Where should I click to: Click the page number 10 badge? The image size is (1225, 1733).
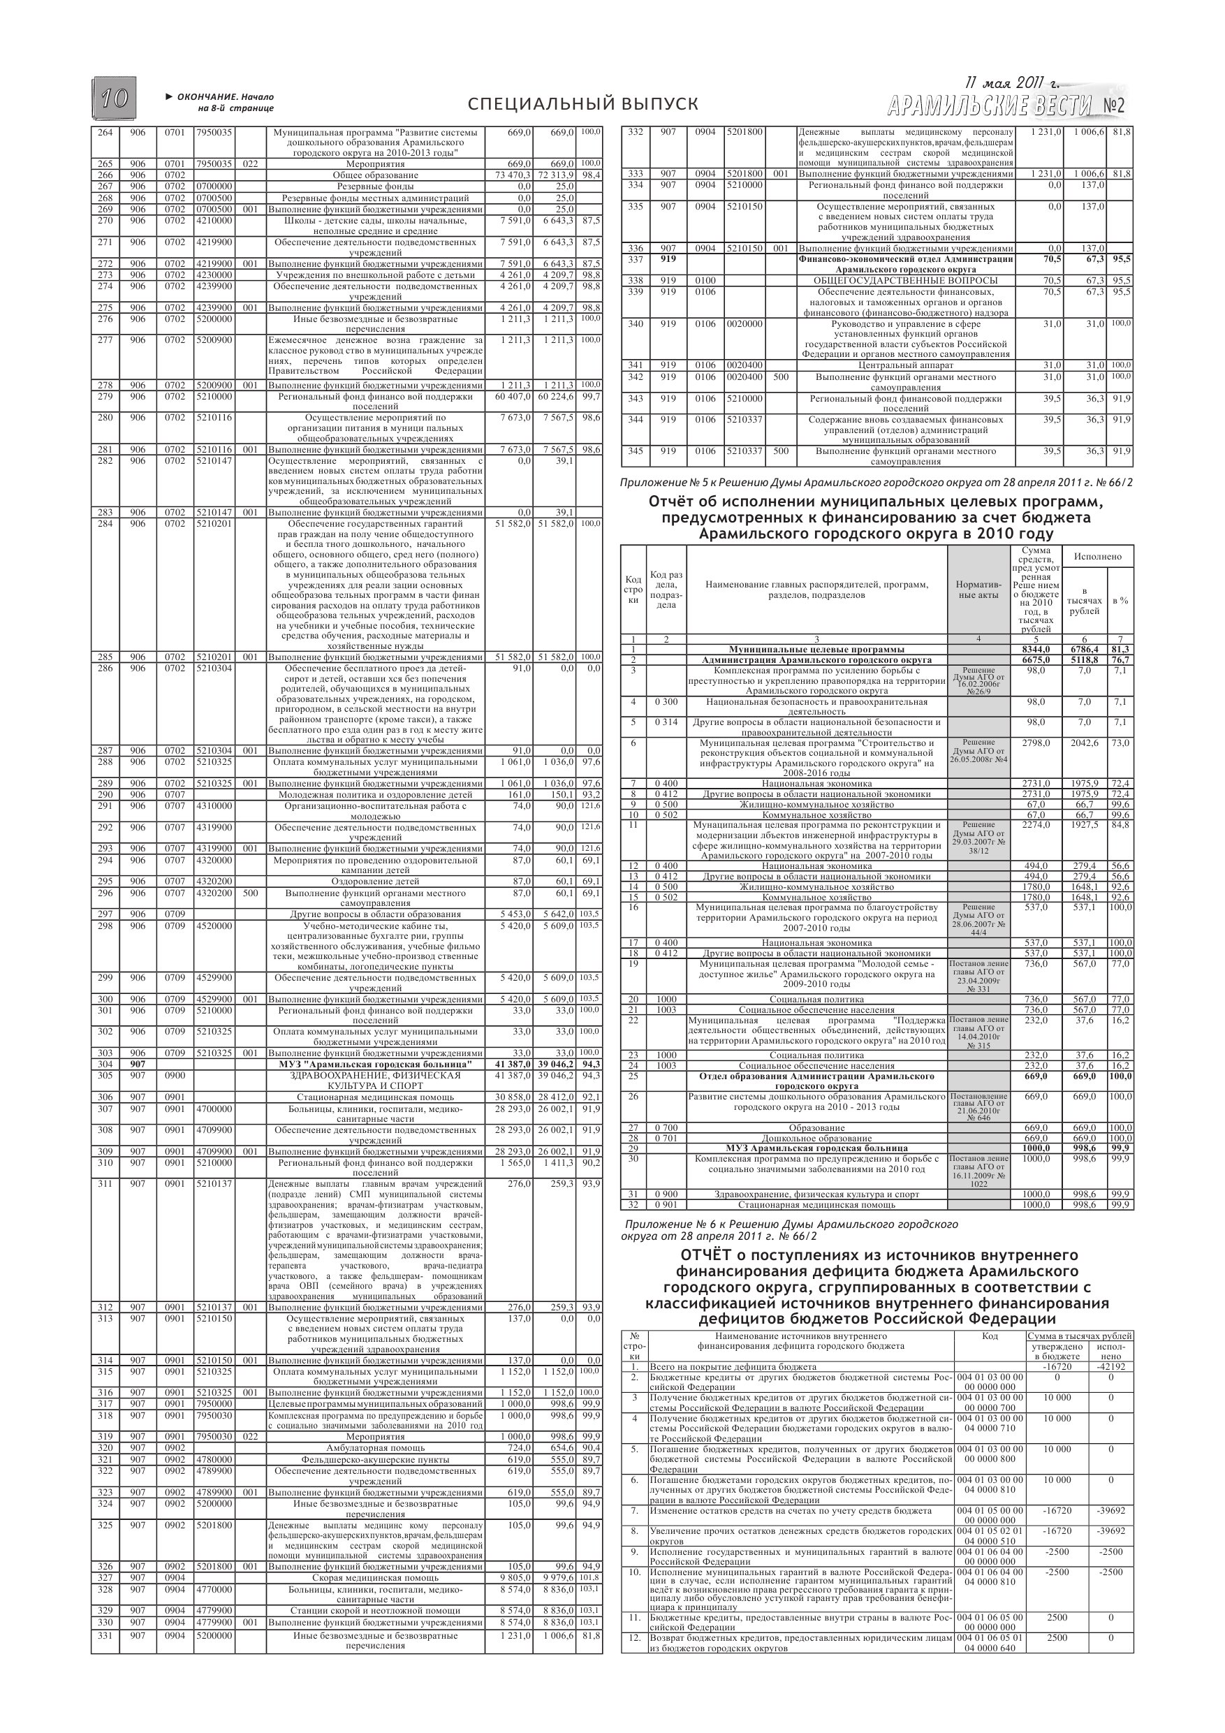coord(114,99)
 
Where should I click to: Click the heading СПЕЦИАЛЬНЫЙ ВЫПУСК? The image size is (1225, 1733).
coord(582,104)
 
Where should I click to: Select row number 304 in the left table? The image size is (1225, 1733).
coord(105,1065)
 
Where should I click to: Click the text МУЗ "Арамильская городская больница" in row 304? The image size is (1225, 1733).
coord(375,1065)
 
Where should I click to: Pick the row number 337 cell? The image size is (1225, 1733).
coord(636,260)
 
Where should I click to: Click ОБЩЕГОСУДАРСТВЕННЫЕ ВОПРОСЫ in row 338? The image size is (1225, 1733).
coord(906,281)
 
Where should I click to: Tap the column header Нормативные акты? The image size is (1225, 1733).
coord(978,590)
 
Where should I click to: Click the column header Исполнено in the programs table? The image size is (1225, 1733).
coord(1097,556)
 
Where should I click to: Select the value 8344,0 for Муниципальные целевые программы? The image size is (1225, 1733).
coord(1035,649)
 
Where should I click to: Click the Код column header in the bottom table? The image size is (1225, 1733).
coord(990,1336)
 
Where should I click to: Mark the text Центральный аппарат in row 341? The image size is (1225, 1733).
coord(906,365)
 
